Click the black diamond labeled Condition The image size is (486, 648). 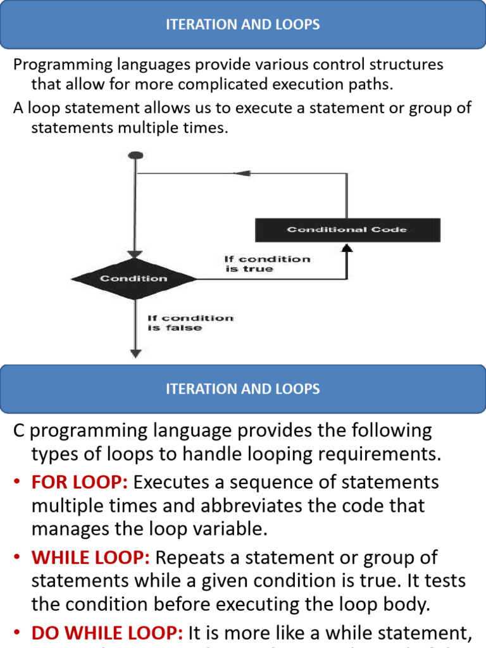point(134,278)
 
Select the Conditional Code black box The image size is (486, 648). point(347,230)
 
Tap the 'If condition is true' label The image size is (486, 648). point(267,264)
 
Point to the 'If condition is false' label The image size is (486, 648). point(189,323)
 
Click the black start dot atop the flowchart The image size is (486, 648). point(135,156)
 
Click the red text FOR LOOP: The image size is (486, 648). point(80,482)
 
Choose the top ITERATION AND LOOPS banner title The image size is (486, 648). point(243,25)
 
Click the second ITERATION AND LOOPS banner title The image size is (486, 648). point(243,389)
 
